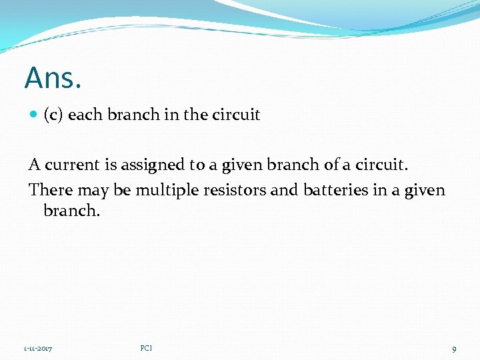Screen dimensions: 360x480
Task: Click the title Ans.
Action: tap(53, 78)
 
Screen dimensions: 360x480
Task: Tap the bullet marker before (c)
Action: tap(33, 115)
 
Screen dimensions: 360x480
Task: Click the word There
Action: tap(51, 190)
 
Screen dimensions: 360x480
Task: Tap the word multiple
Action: tap(163, 190)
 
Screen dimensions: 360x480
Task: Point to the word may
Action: tap(93, 191)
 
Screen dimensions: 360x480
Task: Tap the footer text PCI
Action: tap(147, 348)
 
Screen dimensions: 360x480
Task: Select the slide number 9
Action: tap(454, 349)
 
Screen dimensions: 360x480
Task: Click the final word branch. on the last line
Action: tap(71, 211)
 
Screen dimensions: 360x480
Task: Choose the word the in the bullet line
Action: tap(196, 115)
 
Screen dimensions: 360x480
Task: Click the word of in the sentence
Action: tap(332, 164)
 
